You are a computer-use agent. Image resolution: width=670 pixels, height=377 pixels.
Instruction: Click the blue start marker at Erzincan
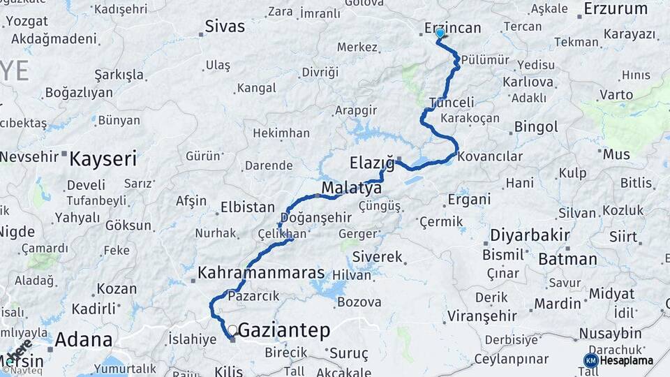coord(440,33)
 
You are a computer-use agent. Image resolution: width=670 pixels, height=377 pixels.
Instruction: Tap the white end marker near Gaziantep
coord(232,330)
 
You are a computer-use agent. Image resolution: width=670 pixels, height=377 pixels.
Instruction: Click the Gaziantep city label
coord(284,331)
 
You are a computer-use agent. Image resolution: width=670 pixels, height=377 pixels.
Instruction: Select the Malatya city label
coord(351,188)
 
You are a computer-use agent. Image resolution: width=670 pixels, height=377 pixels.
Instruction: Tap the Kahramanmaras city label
coord(262,272)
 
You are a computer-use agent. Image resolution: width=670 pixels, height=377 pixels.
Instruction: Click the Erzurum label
coord(616,9)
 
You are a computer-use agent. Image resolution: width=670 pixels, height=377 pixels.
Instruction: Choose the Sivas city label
coord(225,27)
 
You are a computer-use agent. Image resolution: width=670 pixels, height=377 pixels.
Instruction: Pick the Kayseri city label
coord(103,159)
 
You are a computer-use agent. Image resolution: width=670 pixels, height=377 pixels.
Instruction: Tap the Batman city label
coord(567,259)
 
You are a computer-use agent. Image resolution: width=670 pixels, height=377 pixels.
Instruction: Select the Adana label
coord(83,340)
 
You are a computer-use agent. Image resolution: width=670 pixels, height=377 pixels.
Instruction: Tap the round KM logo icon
coord(590,360)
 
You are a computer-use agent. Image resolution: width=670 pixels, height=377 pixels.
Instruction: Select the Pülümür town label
coord(485,60)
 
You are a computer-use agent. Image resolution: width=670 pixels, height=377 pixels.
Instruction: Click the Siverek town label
coord(378,257)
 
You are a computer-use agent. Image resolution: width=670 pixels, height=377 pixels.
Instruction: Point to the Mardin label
coord(557,304)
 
